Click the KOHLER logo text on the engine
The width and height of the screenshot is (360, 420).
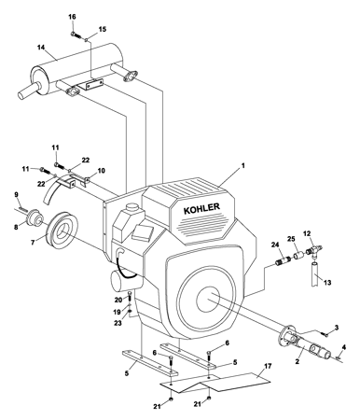click(x=201, y=208)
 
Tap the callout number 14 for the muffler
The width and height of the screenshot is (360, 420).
click(x=41, y=48)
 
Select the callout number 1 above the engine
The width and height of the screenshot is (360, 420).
click(x=243, y=166)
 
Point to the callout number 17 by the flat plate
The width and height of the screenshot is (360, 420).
click(x=268, y=366)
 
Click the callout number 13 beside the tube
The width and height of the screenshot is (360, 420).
click(x=327, y=283)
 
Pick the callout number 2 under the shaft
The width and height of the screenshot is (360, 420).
click(x=297, y=362)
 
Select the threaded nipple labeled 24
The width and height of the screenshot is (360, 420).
click(x=284, y=260)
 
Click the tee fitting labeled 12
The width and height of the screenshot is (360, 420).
click(x=315, y=249)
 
